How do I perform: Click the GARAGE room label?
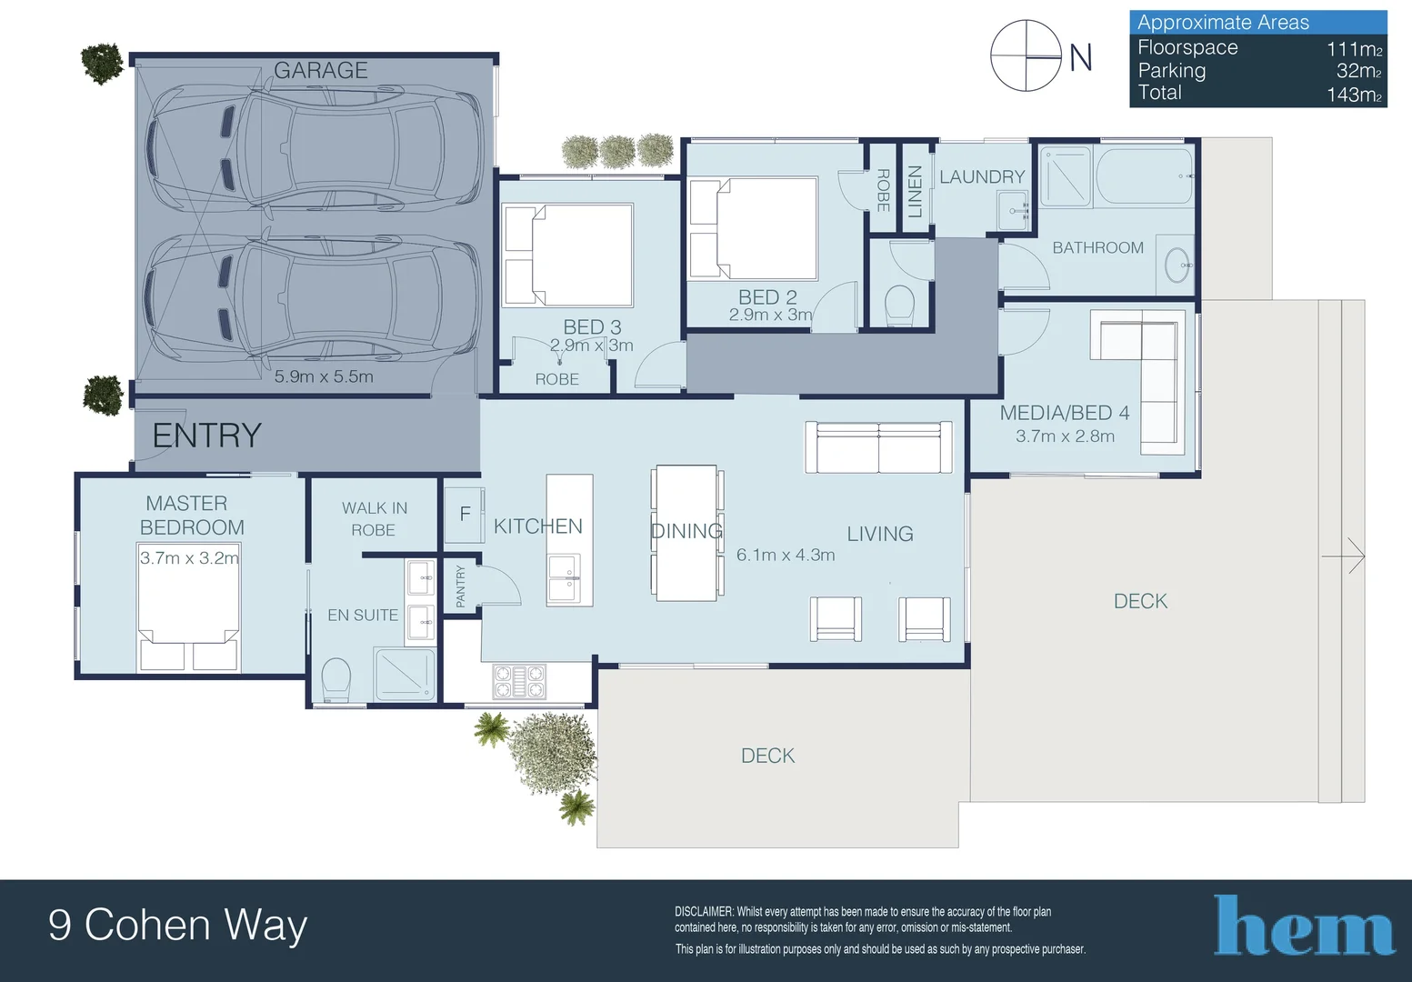coord(320,70)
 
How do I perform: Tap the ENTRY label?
coord(206,436)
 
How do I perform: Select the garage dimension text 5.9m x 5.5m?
coord(324,376)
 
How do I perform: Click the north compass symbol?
coord(1026,56)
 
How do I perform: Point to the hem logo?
coord(1304,927)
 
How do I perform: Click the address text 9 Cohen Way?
coord(178,926)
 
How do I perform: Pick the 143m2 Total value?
coord(1354,95)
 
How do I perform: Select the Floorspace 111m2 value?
coord(1354,49)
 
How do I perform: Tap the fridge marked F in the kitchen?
coord(465,515)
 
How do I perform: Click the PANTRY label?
coord(460,586)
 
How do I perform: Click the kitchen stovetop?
coord(519,681)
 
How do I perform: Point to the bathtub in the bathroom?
coord(1144,175)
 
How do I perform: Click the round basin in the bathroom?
coord(1178,265)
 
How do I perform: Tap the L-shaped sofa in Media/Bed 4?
coord(1146,364)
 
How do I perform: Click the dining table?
coord(686,533)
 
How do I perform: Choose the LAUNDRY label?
coord(982,177)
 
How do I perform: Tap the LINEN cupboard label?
coord(915,192)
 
